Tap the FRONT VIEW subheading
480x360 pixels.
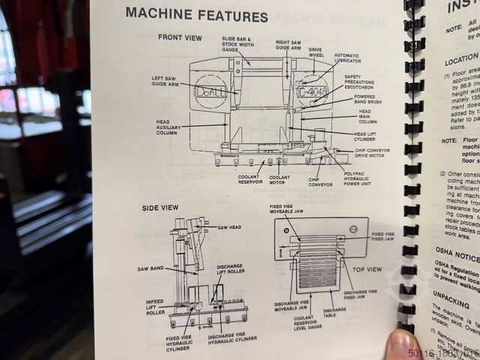point(179,37)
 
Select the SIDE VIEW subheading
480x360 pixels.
point(160,208)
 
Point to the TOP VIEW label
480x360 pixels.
point(367,269)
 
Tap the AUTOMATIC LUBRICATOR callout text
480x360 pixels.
point(346,58)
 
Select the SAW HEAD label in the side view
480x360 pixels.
point(229,227)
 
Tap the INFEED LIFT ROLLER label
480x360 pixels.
point(155,305)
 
